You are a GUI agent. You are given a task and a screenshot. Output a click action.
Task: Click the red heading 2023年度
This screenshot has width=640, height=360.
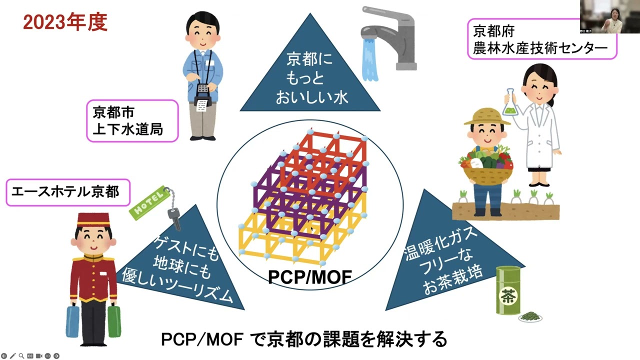click(x=65, y=22)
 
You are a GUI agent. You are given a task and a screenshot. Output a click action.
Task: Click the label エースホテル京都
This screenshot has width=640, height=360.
click(x=68, y=192)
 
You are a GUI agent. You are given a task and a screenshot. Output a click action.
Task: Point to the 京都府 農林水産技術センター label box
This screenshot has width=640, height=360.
click(x=541, y=39)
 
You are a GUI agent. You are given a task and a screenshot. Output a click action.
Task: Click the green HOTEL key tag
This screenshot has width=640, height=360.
click(x=148, y=203)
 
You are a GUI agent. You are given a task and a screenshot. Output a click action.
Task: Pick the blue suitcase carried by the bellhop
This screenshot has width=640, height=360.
click(x=73, y=320)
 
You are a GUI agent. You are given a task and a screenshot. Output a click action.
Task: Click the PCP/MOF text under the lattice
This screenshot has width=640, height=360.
click(x=309, y=277)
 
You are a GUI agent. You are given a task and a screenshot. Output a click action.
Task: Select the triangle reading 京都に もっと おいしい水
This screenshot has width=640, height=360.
click(x=310, y=75)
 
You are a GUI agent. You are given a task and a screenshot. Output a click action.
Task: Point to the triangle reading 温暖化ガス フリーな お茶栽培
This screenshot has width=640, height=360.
click(x=445, y=260)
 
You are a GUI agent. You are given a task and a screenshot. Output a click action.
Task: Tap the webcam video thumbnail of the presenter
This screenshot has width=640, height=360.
click(x=609, y=17)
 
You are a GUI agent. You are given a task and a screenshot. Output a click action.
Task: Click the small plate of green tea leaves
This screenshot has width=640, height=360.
click(x=530, y=316)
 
